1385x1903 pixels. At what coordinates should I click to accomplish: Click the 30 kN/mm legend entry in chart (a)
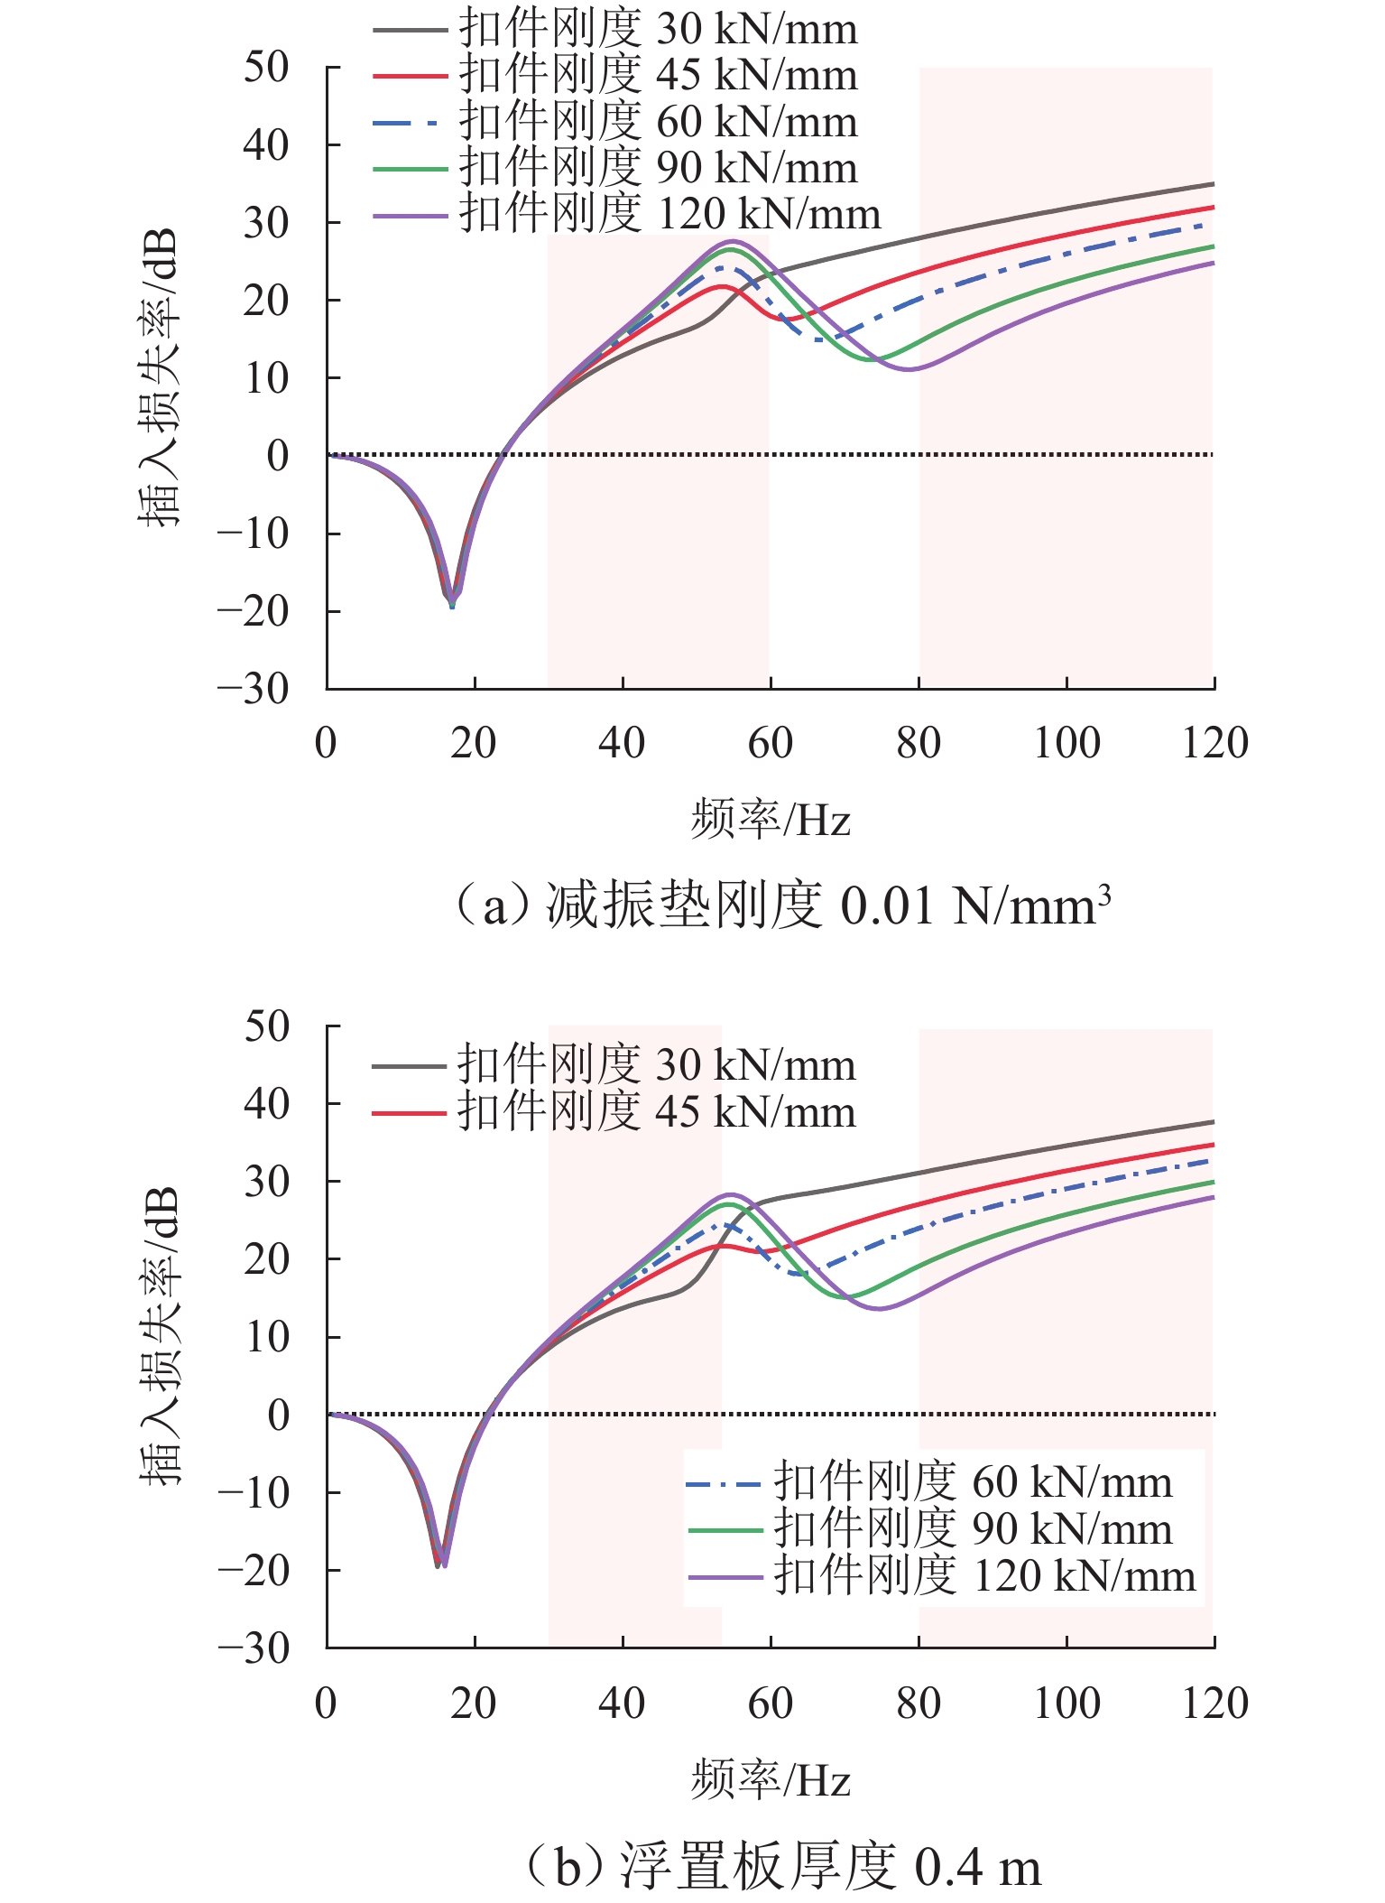point(614,29)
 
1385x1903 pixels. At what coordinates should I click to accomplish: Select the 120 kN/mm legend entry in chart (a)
point(626,215)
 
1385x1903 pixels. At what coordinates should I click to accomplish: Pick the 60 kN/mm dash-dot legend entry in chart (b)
point(929,1483)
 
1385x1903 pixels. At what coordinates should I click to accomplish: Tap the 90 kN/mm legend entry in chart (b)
point(929,1529)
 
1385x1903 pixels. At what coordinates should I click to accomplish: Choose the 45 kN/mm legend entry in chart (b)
point(614,1112)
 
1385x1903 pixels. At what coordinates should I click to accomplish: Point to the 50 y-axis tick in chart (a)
point(267,68)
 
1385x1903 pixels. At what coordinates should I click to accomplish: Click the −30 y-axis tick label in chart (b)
point(254,1649)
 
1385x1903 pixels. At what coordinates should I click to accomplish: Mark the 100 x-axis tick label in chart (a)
point(1066,744)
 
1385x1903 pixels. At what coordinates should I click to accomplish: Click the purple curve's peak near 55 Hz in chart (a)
point(734,242)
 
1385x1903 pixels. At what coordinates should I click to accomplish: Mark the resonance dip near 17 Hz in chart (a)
point(452,599)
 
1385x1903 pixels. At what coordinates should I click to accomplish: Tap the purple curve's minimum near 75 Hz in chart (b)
point(880,1308)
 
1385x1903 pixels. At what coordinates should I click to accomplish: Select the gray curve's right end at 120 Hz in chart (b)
point(1212,1122)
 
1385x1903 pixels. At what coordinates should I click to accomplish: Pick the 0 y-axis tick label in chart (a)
point(278,456)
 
